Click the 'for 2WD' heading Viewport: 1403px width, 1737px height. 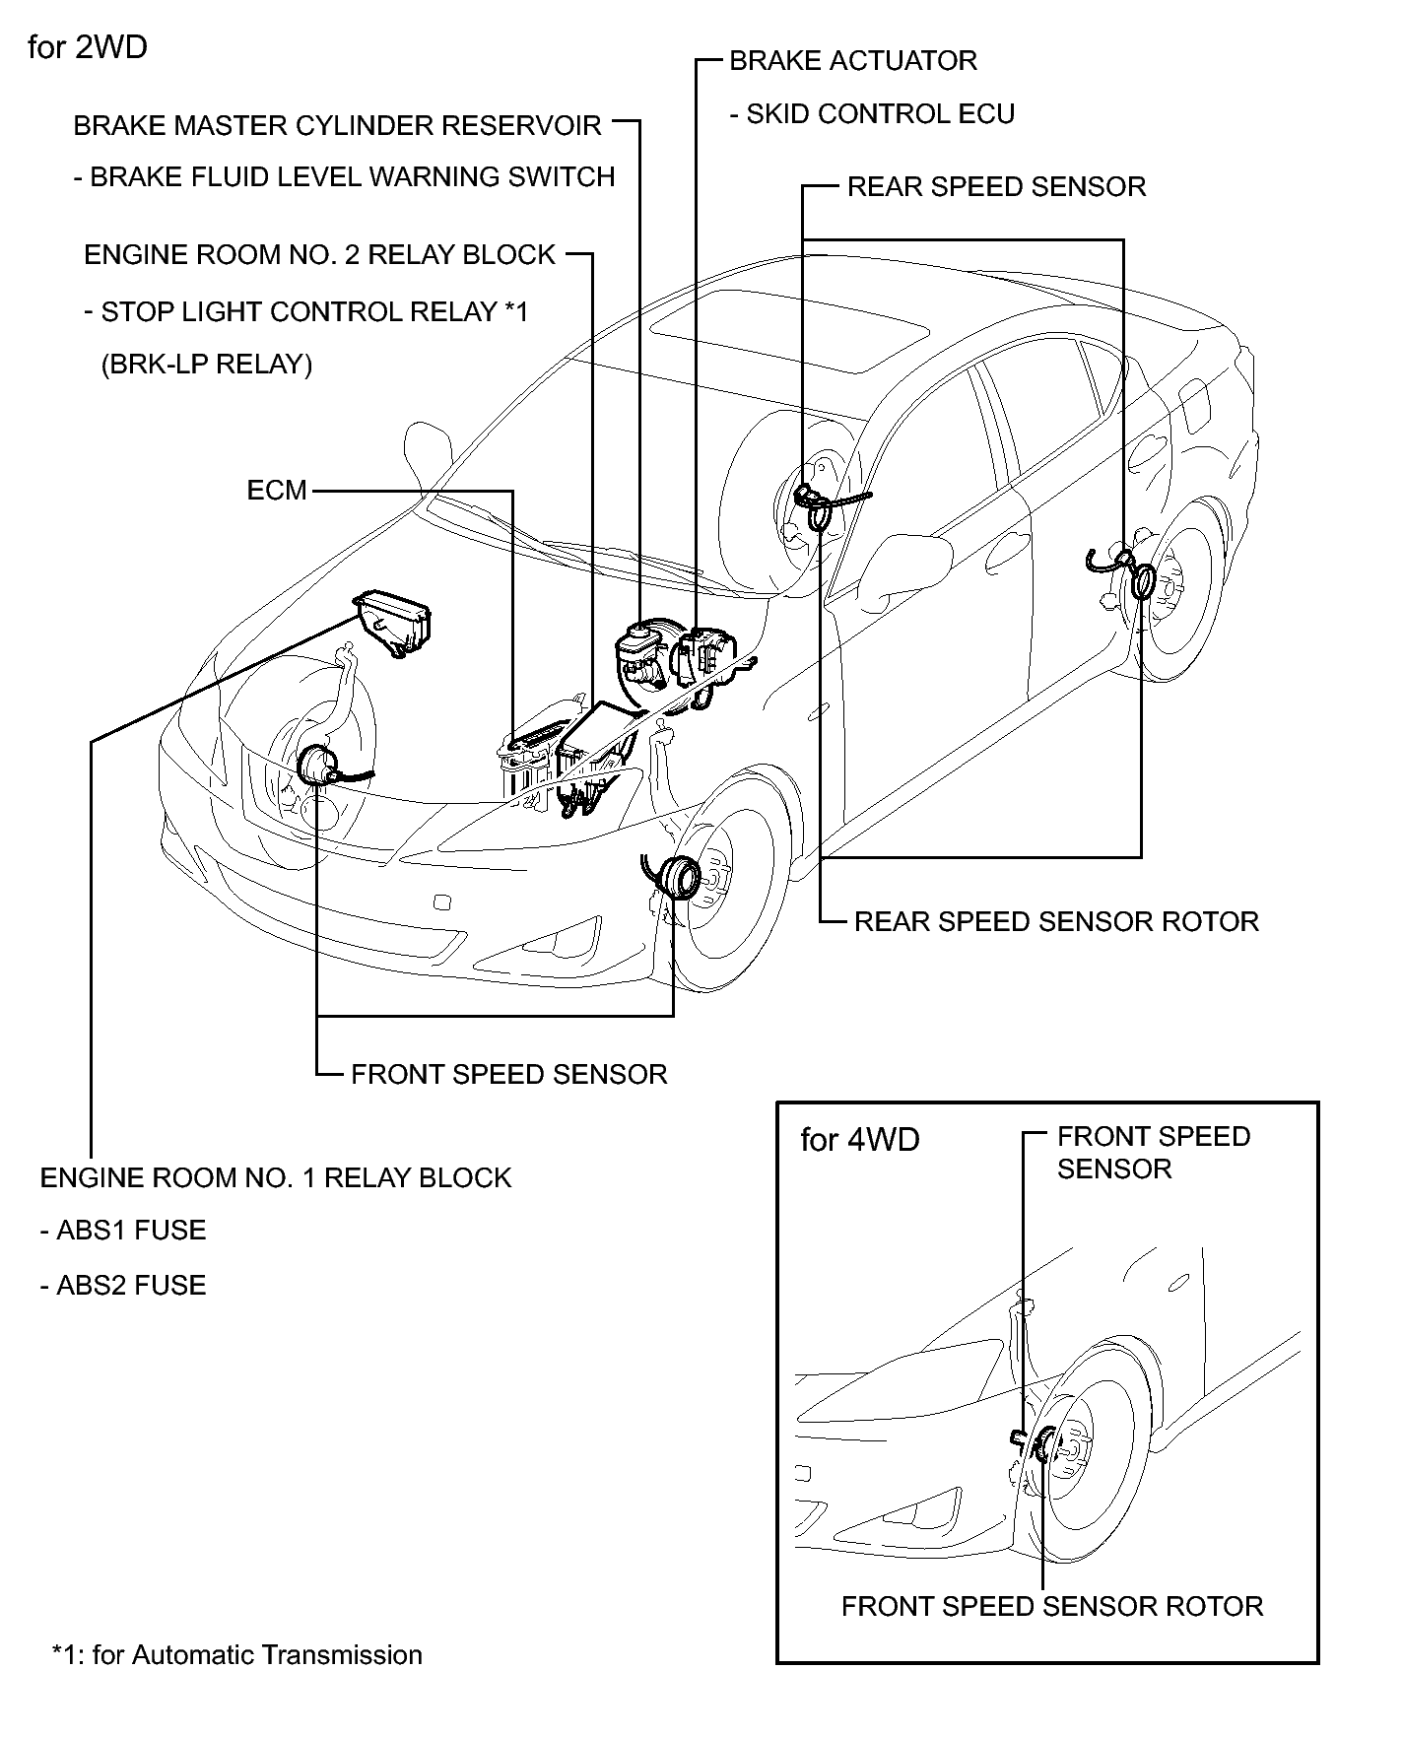[88, 47]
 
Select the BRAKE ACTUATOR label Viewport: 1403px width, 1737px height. [853, 61]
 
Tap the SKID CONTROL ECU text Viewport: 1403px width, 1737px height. [880, 114]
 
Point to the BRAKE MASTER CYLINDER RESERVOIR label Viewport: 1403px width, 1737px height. [337, 126]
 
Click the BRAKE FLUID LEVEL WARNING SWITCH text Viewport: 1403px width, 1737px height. [352, 177]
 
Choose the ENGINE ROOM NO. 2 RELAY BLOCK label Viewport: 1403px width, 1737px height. [320, 255]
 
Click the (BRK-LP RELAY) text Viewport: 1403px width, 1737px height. [206, 365]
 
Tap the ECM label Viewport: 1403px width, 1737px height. [277, 491]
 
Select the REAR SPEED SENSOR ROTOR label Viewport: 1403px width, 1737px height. [1056, 922]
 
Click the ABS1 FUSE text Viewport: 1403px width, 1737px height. [129, 1231]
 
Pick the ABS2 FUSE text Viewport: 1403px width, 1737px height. [129, 1286]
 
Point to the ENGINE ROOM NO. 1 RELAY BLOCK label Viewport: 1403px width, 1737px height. [276, 1178]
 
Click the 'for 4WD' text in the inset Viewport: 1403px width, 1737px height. [859, 1140]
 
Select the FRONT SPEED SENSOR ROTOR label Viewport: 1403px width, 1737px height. [1051, 1607]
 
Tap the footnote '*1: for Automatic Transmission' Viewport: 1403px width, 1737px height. [236, 1655]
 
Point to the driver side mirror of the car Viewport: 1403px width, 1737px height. [911, 562]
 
